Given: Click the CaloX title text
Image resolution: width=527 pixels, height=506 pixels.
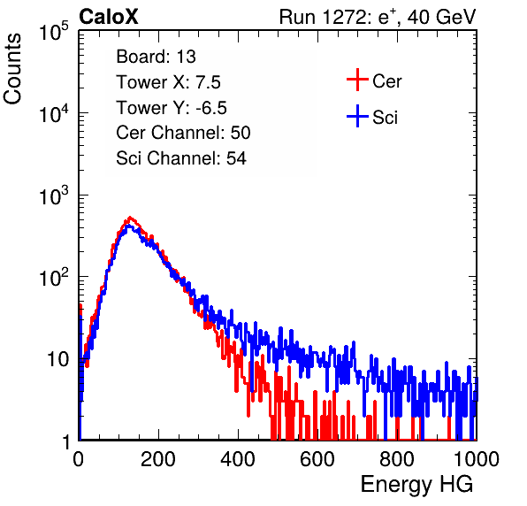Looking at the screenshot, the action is [109, 17].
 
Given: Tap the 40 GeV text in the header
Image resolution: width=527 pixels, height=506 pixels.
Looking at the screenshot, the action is [441, 17].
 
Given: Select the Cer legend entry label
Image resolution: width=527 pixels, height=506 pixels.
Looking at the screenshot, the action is [386, 81].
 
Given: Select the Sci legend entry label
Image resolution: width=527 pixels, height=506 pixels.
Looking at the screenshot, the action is [386, 118].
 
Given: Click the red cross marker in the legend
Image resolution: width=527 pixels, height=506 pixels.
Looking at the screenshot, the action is [357, 80].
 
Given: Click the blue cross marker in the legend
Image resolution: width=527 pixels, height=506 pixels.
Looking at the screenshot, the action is [357, 116].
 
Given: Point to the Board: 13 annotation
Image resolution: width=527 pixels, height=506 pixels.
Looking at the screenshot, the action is [156, 57].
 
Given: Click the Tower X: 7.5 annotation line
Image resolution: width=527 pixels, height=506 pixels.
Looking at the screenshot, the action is [168, 82].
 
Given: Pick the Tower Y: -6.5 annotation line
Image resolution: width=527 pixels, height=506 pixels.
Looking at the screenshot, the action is [172, 108].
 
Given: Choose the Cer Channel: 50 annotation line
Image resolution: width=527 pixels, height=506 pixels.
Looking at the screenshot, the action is [183, 133].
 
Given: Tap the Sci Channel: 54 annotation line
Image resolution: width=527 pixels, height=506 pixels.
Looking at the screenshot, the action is [181, 158].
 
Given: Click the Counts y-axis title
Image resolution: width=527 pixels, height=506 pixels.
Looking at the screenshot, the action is [12, 69].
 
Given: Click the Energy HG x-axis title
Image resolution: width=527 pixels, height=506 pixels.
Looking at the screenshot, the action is [416, 485].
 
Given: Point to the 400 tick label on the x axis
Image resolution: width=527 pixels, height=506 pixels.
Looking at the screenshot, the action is [238, 459].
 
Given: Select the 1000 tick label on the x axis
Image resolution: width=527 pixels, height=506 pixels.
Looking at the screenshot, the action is [477, 459].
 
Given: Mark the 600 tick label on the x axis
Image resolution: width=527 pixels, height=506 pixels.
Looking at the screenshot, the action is [317, 459].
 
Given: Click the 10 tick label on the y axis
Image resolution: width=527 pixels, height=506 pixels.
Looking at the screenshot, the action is [58, 359].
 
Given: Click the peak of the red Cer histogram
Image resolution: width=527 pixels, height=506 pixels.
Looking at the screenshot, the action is [130, 218].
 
